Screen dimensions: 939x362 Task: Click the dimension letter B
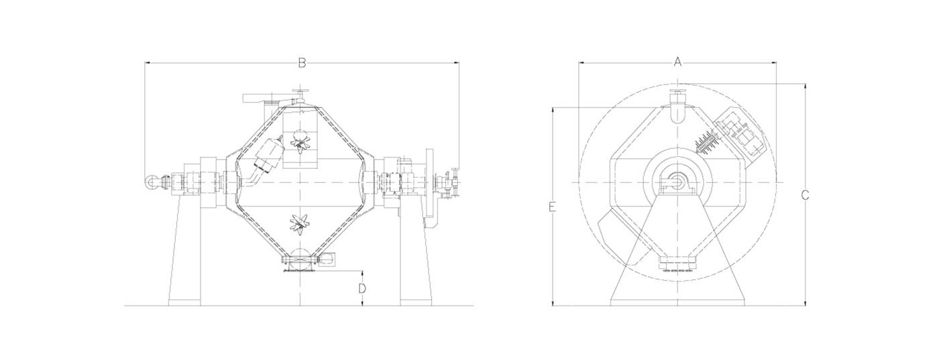pyautogui.click(x=302, y=63)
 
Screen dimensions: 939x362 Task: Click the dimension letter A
pyautogui.click(x=677, y=62)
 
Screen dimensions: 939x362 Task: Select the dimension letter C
pyautogui.click(x=805, y=195)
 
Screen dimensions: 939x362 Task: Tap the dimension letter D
pyautogui.click(x=362, y=288)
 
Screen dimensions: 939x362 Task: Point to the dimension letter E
pyautogui.click(x=552, y=206)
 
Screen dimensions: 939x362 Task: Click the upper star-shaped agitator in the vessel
pyautogui.click(x=300, y=143)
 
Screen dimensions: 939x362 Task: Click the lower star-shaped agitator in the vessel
pyautogui.click(x=300, y=223)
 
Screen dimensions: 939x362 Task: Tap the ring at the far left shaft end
pyautogui.click(x=150, y=182)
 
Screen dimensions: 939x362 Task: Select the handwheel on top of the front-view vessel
pyautogui.click(x=300, y=93)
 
